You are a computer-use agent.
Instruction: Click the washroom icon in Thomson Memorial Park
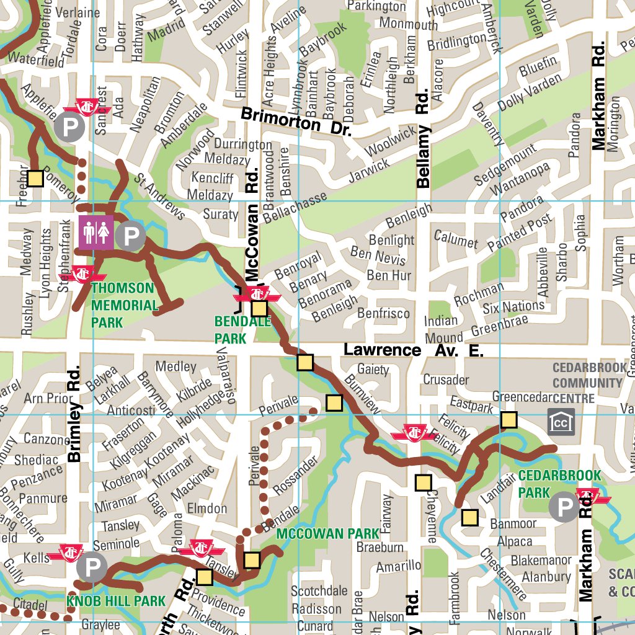(96, 233)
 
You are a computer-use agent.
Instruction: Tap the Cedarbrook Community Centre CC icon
(561, 422)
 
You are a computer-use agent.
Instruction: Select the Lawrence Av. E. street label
(413, 350)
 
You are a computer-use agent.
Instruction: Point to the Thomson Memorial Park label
(125, 305)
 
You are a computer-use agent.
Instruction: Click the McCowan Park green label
(327, 533)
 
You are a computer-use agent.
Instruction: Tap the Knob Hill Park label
(116, 600)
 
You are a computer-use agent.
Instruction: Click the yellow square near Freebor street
(35, 179)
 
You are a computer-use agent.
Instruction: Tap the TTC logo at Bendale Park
(258, 293)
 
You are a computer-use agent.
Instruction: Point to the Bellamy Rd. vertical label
(423, 139)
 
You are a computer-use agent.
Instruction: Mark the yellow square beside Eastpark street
(508, 420)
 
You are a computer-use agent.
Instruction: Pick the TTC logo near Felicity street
(412, 432)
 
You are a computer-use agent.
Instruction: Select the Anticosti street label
(131, 411)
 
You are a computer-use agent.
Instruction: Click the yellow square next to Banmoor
(469, 517)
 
